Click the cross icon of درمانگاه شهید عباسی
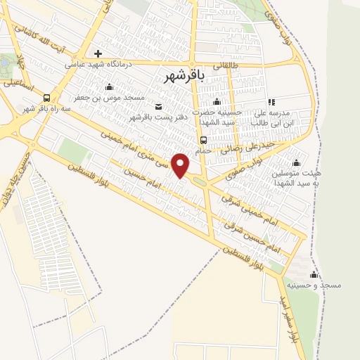pyautogui.click(x=98, y=53)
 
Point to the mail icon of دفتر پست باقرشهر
pyautogui.click(x=158, y=106)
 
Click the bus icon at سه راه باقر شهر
pyautogui.click(x=46, y=98)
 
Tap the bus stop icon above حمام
pyautogui.click(x=203, y=139)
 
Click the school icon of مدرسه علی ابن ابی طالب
pyautogui.click(x=271, y=103)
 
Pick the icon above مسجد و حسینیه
pyautogui.click(x=313, y=274)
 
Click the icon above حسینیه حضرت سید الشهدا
pyautogui.click(x=217, y=103)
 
